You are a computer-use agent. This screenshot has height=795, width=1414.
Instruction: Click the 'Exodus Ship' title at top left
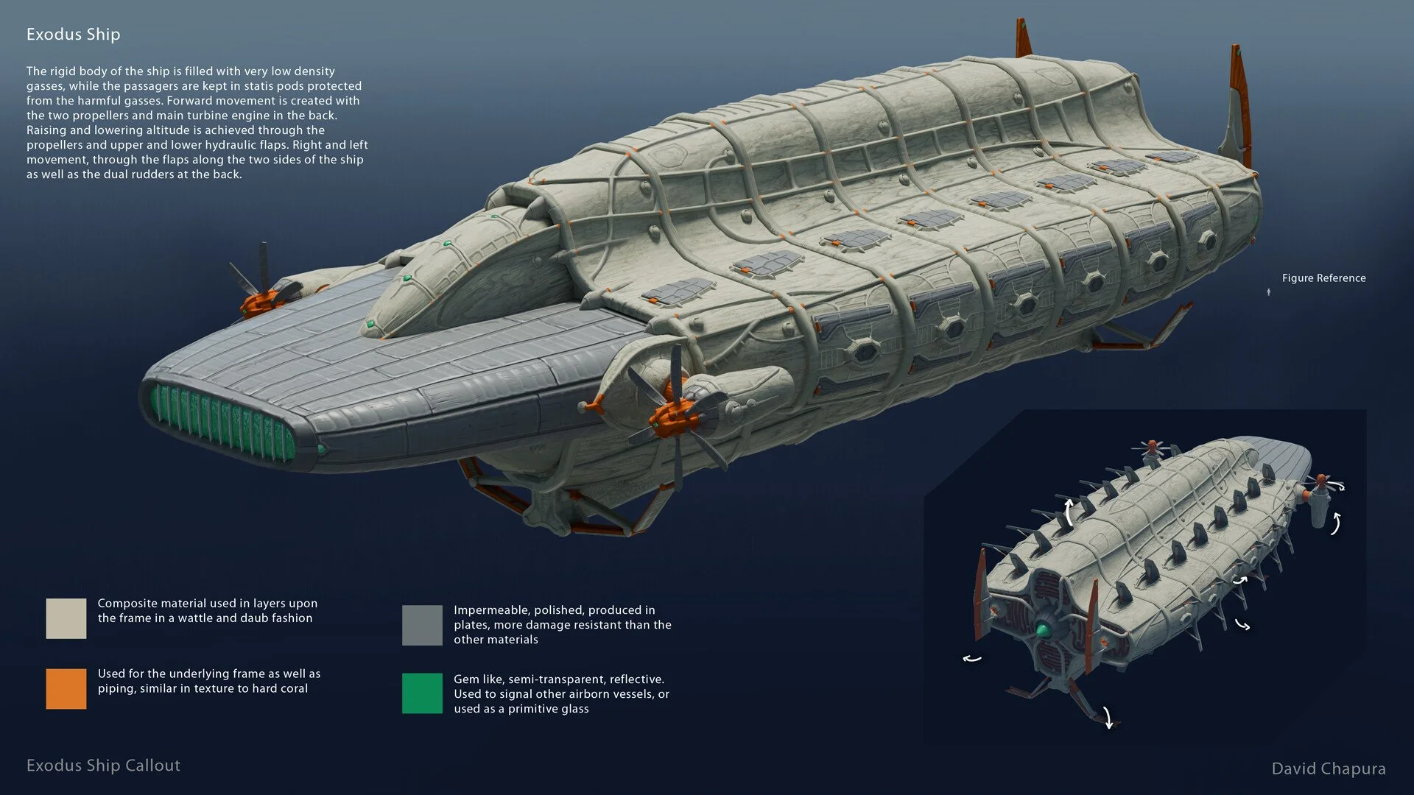coord(73,35)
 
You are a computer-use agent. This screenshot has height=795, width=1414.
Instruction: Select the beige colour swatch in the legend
coord(66,618)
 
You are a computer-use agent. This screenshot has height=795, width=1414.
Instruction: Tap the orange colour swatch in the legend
coord(66,689)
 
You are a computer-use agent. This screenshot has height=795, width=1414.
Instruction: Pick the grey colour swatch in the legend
coord(422,625)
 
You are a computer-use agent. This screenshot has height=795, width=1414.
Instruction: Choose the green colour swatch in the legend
coord(422,693)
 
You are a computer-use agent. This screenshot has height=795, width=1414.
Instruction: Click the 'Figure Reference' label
coord(1323,278)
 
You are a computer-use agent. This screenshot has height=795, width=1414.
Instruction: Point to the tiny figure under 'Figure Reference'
coord(1268,292)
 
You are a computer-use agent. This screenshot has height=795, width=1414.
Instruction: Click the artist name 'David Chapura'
coord(1328,768)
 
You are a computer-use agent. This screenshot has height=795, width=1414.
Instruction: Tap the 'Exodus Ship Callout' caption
coord(103,766)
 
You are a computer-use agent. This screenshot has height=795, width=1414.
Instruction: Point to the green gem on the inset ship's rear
coord(1044,629)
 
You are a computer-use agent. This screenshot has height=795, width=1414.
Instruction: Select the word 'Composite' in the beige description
coord(128,604)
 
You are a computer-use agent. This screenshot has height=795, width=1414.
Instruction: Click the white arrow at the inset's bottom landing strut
coord(1107,717)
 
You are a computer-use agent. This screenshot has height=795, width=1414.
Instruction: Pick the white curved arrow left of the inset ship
coord(972,658)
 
